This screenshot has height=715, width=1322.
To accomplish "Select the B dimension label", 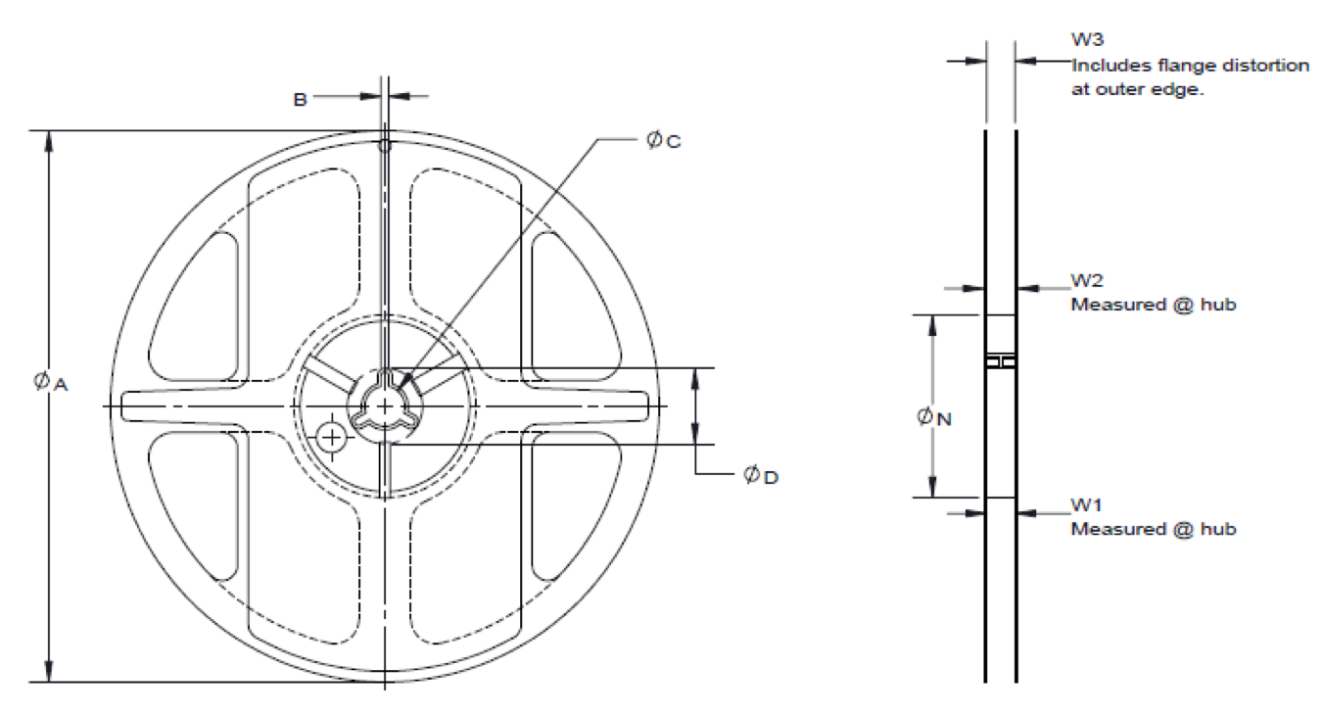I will (301, 98).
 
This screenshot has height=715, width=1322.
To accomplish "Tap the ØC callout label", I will (663, 140).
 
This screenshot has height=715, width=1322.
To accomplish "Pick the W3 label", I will (1087, 40).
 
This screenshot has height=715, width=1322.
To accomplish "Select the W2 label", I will (1087, 281).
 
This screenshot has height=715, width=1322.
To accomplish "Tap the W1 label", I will (1087, 505).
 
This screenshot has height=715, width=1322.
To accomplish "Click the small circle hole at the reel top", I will (385, 146).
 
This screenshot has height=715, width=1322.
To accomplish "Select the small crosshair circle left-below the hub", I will (334, 435).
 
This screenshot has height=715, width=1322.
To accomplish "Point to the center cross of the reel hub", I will (385, 405).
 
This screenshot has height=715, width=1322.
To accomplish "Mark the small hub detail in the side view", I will (1000, 361).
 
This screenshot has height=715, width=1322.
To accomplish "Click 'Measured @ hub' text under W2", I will (1153, 305).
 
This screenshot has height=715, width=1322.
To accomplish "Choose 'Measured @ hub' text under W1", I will (1153, 530).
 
